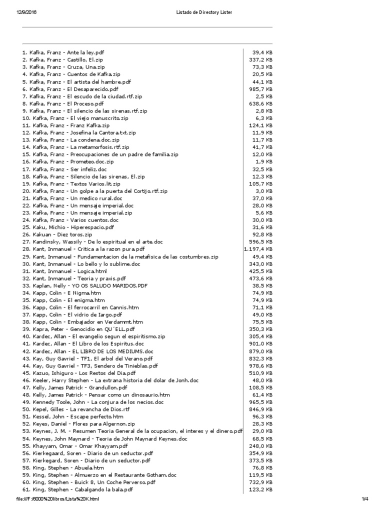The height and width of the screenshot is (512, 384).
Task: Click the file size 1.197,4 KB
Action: tap(258, 248)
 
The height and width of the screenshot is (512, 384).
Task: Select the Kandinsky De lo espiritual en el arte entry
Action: tap(92, 241)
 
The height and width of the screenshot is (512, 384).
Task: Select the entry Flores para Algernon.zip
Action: tap(71, 424)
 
